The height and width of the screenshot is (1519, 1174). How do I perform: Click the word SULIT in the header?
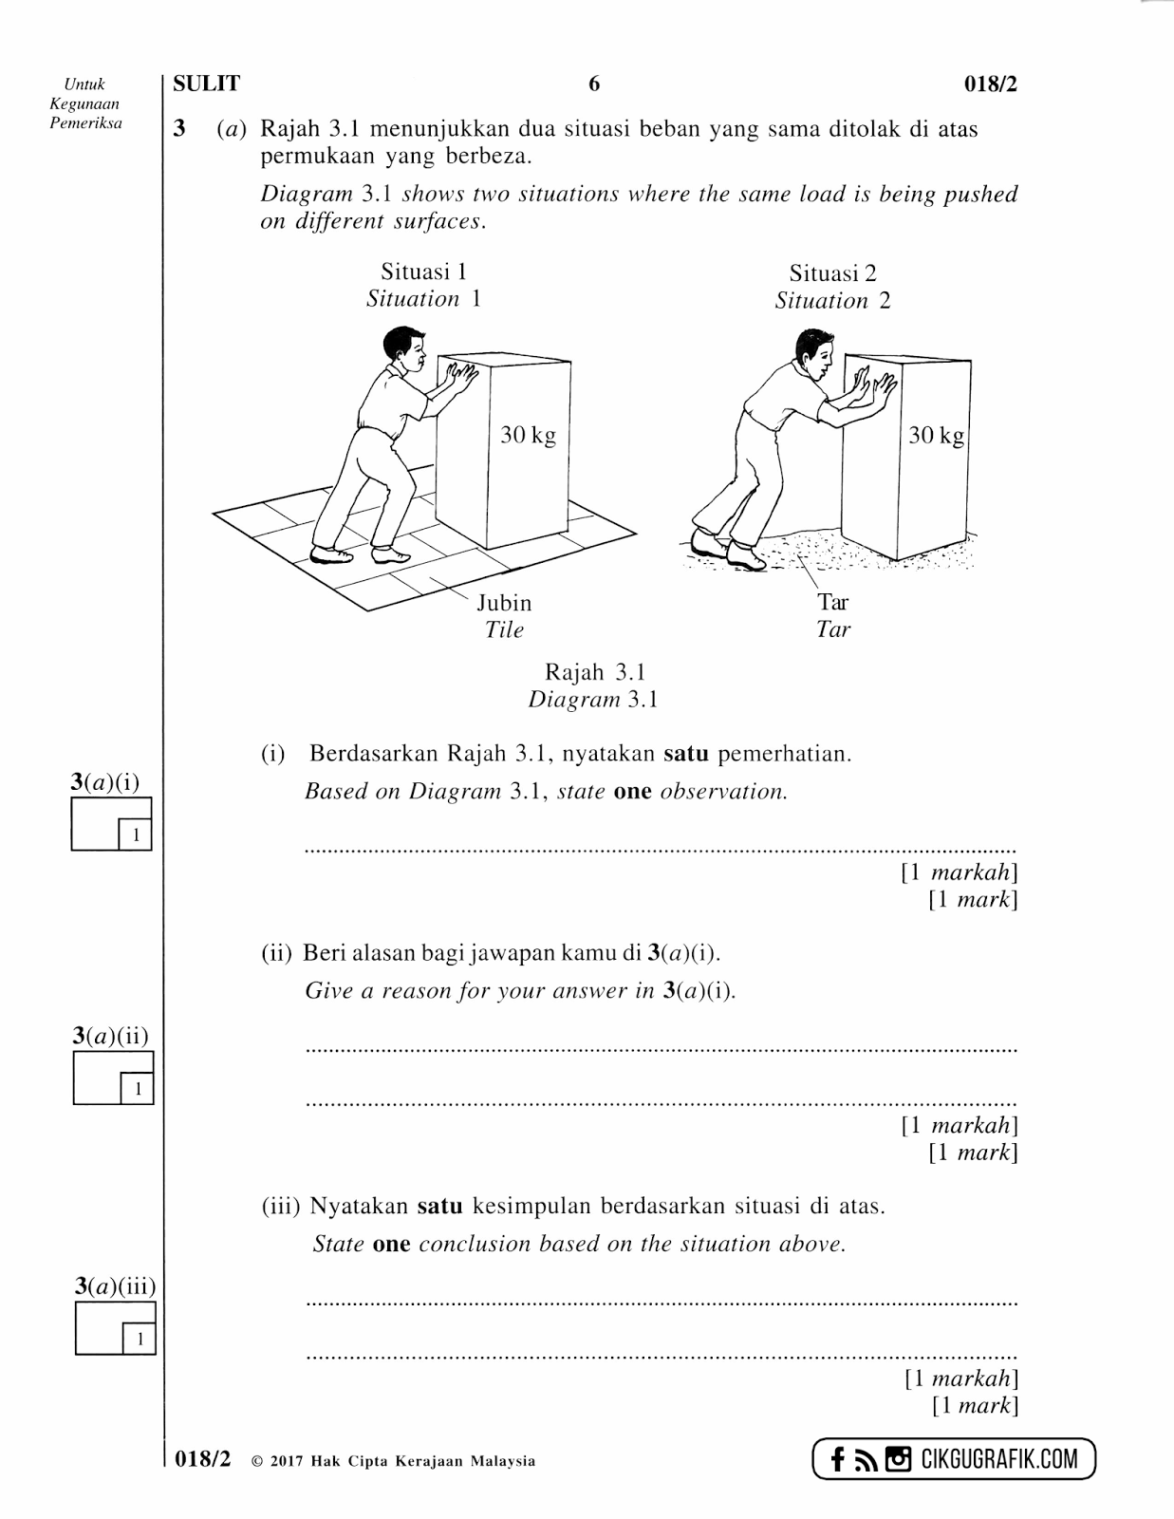point(206,84)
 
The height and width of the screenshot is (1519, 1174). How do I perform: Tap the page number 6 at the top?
point(594,84)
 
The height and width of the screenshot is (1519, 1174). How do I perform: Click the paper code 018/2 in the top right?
point(990,84)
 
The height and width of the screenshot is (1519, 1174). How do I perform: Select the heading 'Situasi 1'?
point(423,272)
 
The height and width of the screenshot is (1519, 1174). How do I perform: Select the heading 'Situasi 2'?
point(832,273)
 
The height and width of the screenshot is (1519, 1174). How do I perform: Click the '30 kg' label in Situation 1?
point(528,436)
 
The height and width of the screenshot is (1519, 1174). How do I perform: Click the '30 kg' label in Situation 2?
point(936,436)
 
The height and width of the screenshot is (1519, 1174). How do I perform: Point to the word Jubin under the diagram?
point(504,603)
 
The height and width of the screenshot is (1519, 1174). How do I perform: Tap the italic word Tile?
point(504,629)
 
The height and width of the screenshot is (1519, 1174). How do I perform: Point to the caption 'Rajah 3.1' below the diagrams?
point(594,672)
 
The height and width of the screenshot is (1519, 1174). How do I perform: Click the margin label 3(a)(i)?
point(104,782)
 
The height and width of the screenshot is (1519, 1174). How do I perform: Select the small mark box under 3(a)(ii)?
point(138,1088)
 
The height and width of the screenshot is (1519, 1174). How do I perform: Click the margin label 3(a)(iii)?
point(115,1286)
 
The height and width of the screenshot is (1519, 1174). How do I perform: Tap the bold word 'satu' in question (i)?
point(685,754)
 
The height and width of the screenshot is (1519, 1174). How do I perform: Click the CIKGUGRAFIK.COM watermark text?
point(999,1458)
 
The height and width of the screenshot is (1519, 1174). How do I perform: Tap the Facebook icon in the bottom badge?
point(837,1459)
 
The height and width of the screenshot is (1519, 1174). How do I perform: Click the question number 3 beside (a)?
point(179,128)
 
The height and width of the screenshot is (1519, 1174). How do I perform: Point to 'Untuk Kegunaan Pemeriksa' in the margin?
point(85,103)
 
